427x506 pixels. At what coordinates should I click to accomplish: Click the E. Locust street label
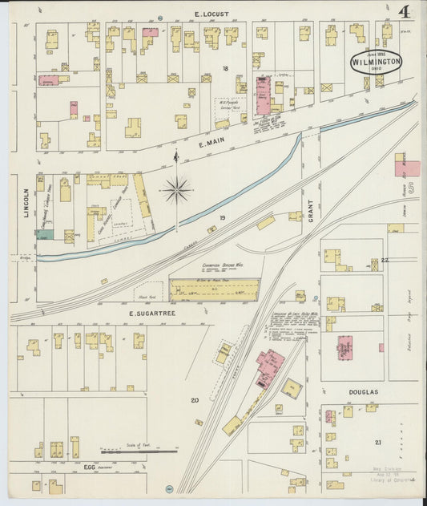(x=211, y=14)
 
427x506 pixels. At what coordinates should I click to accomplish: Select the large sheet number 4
(x=405, y=13)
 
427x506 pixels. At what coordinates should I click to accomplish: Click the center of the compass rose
(x=176, y=190)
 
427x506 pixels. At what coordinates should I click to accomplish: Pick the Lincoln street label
(x=26, y=204)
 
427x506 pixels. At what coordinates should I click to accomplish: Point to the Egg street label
(x=90, y=466)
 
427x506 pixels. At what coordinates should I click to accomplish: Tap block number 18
(x=225, y=68)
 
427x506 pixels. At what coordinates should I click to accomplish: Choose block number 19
(x=222, y=217)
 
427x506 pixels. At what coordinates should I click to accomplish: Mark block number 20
(x=194, y=399)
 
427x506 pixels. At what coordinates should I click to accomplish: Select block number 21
(x=378, y=442)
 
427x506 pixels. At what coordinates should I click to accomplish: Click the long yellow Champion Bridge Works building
(x=215, y=289)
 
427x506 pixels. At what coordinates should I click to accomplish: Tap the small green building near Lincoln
(x=45, y=236)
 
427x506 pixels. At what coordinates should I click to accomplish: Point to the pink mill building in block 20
(x=269, y=365)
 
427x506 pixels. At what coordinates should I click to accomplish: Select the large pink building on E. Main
(x=262, y=96)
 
